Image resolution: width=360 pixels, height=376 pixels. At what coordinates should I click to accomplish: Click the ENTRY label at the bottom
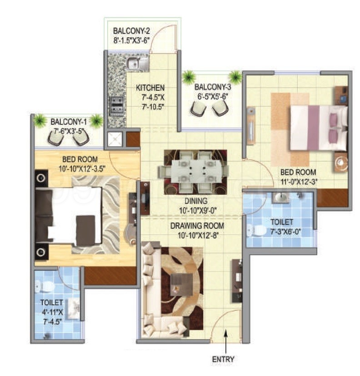pos(223,359)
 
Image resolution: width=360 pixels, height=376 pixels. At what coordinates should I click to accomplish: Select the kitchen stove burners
pos(116,105)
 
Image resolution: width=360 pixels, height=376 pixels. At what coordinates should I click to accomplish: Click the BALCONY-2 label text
pos(131,31)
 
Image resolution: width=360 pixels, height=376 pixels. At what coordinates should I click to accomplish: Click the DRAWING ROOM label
pos(197,226)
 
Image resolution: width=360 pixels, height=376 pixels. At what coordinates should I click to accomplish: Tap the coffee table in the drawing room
pos(181,284)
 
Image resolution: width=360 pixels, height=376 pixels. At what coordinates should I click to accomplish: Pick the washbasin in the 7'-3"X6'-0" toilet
pos(281,197)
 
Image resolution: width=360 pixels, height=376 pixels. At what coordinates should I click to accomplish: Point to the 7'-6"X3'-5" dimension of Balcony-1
pos(68,131)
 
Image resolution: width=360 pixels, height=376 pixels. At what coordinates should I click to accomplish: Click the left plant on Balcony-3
pos(189,77)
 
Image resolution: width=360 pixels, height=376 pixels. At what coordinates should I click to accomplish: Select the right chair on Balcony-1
pos(81,139)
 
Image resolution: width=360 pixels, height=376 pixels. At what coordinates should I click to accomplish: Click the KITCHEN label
pos(150,88)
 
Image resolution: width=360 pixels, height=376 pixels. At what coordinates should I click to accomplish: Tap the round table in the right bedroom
pos(341,162)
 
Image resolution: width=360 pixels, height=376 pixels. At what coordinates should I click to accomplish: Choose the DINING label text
pos(196,201)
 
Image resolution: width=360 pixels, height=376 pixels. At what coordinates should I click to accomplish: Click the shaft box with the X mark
pos(115,139)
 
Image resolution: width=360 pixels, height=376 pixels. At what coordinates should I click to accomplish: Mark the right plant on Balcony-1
pos(96,120)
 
